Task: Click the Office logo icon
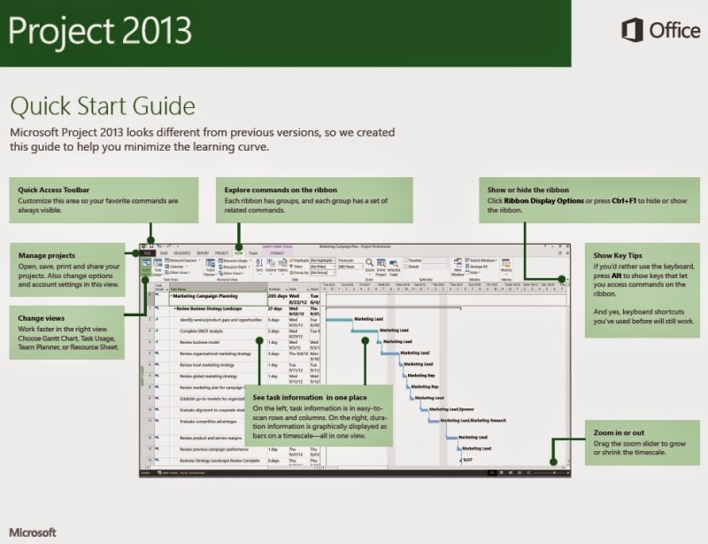pos(632,31)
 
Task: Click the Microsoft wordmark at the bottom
pos(33,532)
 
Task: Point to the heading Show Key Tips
pos(619,255)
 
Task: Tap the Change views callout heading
pos(43,316)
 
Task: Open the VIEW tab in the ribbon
pos(238,253)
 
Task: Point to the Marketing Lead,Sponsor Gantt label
pos(452,409)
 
